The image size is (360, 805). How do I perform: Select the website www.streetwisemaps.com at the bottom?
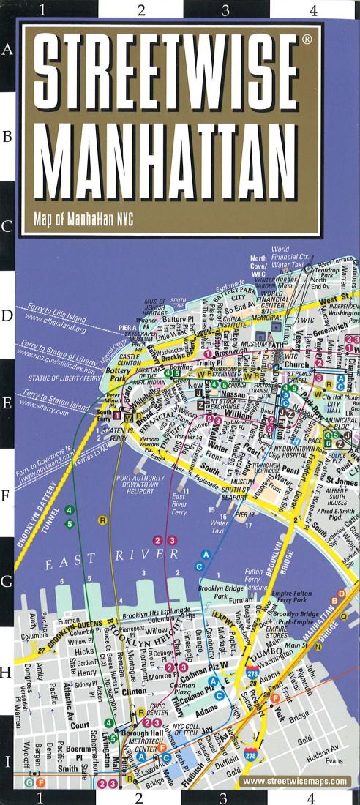click(x=294, y=782)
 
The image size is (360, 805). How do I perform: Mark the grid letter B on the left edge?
click(x=9, y=137)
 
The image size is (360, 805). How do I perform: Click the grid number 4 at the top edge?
click(x=312, y=10)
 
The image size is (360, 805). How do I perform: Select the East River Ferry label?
click(x=179, y=504)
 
